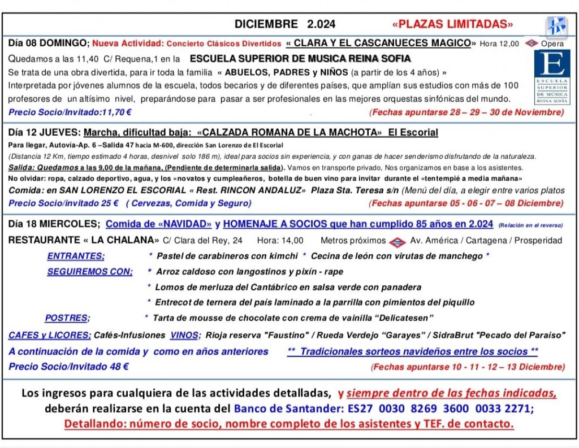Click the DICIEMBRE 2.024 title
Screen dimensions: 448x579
(285, 24)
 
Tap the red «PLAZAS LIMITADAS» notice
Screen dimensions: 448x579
(452, 24)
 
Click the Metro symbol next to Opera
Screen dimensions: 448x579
(531, 43)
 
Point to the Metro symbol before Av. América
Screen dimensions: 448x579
(397, 241)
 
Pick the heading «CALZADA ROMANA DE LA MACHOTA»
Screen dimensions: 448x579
(289, 133)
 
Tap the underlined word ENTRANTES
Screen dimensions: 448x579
(76, 256)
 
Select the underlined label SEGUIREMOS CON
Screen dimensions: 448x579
(90, 272)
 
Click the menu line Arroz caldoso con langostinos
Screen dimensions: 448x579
(249, 272)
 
